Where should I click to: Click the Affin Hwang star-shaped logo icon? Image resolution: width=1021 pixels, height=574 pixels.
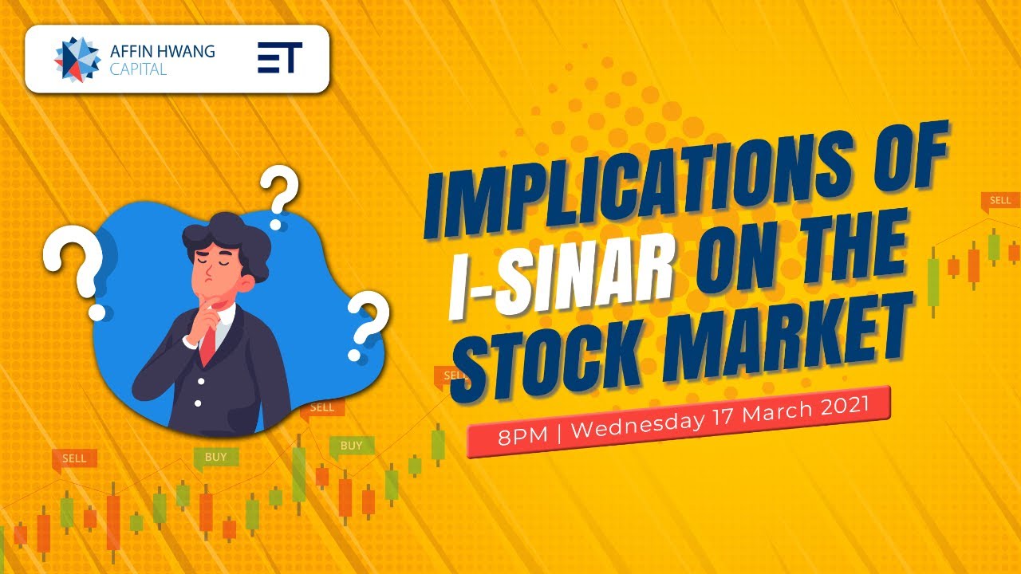pyautogui.click(x=77, y=59)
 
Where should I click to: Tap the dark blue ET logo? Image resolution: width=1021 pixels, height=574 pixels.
pyautogui.click(x=279, y=59)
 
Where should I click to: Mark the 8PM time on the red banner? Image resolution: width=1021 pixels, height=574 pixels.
pyautogui.click(x=517, y=436)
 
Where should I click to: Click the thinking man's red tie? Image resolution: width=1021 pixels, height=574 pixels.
pyautogui.click(x=207, y=344)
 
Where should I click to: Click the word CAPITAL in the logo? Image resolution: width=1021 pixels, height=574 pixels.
pyautogui.click(x=139, y=69)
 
